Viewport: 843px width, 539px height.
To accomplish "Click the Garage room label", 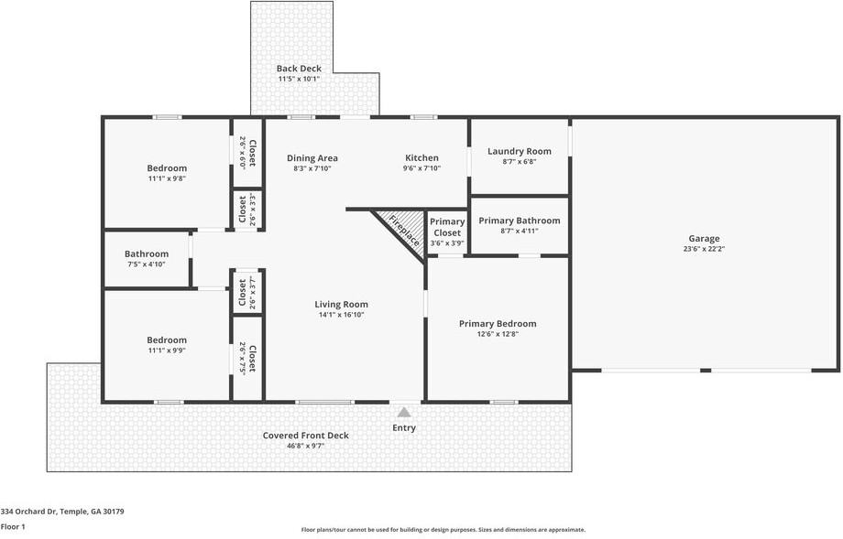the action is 704,238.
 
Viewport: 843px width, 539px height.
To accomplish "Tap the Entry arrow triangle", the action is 404,413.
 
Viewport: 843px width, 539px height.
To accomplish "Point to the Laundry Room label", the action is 520,151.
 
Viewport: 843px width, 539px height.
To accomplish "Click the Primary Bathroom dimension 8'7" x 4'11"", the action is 520,231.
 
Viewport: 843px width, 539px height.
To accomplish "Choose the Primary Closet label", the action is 447,227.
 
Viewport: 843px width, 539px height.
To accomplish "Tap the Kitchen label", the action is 421,157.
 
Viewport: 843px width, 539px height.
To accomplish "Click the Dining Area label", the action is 312,157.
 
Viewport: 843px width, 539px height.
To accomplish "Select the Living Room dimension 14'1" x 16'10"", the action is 342,315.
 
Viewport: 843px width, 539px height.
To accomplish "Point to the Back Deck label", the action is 299,69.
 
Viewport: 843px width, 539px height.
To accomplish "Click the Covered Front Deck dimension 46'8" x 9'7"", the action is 305,446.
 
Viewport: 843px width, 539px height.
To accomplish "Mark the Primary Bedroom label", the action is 498,324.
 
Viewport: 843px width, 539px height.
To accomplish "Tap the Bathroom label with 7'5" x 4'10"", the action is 147,253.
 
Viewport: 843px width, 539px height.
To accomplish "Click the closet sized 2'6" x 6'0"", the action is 247,153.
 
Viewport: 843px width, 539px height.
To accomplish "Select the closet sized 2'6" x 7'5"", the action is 247,359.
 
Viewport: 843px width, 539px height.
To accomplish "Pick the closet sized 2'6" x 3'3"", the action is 247,210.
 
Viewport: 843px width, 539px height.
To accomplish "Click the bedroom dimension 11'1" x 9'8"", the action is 167,178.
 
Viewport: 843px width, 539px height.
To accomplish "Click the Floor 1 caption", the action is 13,527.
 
